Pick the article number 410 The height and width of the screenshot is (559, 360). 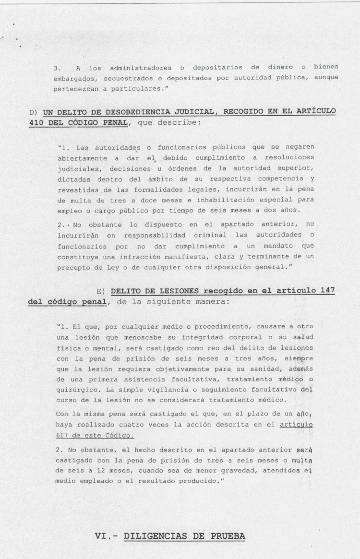point(36,122)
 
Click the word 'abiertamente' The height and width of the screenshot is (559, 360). point(80,157)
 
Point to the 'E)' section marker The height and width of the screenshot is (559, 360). point(100,291)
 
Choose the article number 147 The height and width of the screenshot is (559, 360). point(326,291)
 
